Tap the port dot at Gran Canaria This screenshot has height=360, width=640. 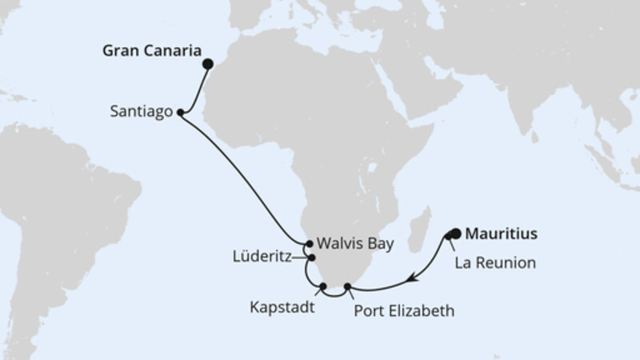pos(208,64)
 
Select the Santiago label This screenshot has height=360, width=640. pos(140,114)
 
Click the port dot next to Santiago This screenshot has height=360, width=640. pos(180,113)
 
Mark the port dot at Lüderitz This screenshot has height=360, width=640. pos(312,258)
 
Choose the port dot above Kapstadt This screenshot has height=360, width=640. pos(322,286)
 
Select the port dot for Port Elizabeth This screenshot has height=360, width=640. pos(346,286)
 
